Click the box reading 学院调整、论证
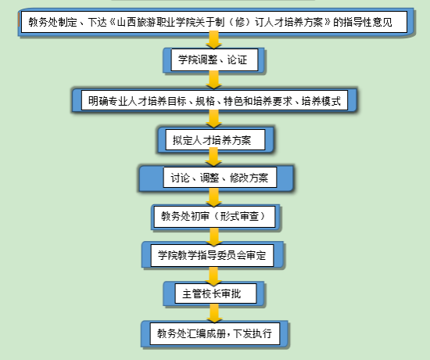(x=214, y=59)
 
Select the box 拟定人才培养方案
(x=216, y=140)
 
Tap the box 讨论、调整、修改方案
(x=217, y=178)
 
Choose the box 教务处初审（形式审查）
(x=215, y=217)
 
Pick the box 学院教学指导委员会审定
(x=213, y=255)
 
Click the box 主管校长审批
(x=214, y=293)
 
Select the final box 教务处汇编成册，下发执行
(x=215, y=334)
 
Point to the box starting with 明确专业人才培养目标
(x=214, y=100)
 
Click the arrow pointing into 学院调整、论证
(x=214, y=40)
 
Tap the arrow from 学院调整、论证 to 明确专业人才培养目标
(x=214, y=80)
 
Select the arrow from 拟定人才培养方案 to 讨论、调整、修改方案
(x=213, y=157)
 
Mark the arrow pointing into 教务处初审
(x=214, y=197)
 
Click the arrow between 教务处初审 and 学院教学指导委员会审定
(x=214, y=237)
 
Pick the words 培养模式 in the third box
(x=321, y=101)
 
